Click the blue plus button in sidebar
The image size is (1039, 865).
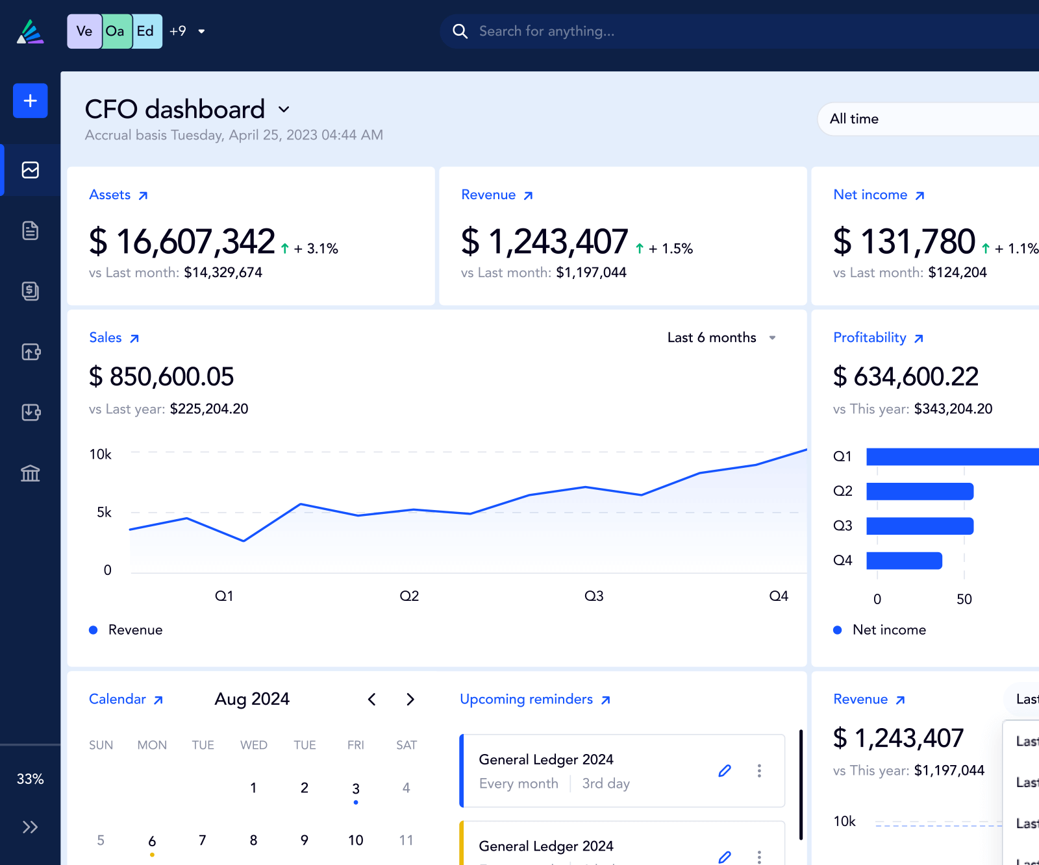[30, 101]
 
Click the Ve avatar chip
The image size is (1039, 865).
[84, 31]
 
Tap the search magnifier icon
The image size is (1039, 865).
[460, 31]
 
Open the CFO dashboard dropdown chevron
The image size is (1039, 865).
[284, 110]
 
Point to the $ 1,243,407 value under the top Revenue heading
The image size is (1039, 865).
[544, 241]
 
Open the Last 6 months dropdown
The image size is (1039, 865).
[721, 337]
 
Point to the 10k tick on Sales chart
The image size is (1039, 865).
[101, 454]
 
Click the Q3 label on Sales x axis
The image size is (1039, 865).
[594, 596]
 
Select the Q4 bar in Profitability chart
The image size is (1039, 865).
[904, 561]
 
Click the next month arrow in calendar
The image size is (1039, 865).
[410, 699]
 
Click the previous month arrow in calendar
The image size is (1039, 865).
[371, 699]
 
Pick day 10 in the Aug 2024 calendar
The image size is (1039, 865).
[355, 840]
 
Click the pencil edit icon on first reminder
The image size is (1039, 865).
[725, 770]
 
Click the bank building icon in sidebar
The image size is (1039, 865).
[30, 473]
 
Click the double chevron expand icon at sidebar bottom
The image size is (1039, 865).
[30, 827]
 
